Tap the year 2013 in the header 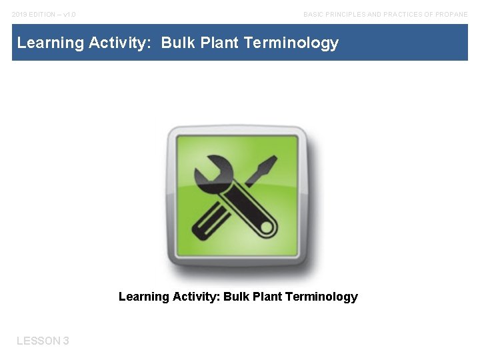click(x=19, y=14)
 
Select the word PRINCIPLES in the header click(x=348, y=14)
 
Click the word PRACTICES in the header click(x=404, y=14)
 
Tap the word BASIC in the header click(x=315, y=14)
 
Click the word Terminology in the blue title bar click(x=291, y=43)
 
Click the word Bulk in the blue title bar click(x=177, y=43)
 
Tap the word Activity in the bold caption click(x=196, y=297)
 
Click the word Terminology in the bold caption click(x=321, y=297)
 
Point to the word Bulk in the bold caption click(x=236, y=297)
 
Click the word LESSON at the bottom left click(x=38, y=341)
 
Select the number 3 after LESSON click(x=66, y=341)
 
